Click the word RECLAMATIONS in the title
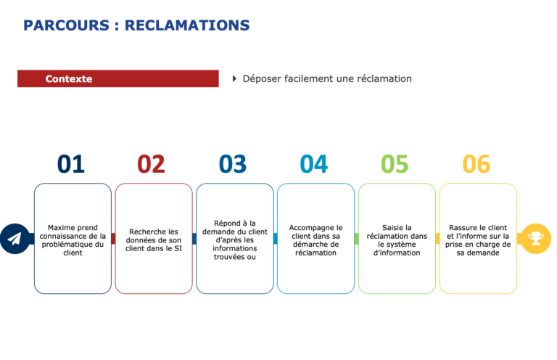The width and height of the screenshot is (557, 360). pos(187,25)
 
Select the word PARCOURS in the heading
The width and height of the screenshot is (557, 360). pos(67,25)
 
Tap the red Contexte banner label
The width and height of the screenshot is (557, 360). pos(69,78)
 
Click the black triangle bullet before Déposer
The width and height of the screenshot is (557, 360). pos(234,78)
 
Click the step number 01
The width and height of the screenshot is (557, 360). pos(71,164)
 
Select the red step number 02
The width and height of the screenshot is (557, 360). pos(152,164)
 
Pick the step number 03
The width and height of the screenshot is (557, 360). pos(233,164)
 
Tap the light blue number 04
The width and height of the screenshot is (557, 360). pos(314,164)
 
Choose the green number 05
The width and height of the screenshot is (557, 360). pos(395,164)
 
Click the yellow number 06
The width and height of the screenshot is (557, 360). pos(476,164)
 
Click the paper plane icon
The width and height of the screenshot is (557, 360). pos(15,239)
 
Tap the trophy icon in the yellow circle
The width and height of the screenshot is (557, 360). pos(536,239)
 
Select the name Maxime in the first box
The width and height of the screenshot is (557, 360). pos(60,227)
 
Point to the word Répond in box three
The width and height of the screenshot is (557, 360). pos(226,223)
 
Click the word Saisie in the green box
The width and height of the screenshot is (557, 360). pos(392,227)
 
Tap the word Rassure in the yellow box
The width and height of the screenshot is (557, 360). pos(462,227)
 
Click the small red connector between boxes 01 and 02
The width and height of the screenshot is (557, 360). pos(113,239)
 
